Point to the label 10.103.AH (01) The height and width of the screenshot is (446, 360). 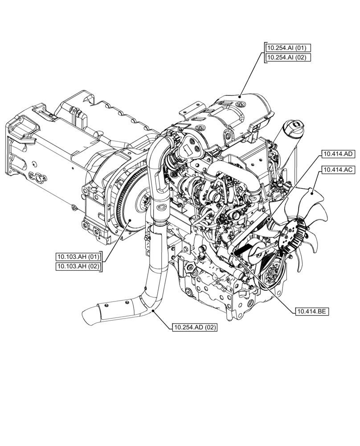coord(78,256)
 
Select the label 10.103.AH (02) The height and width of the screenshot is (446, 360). coord(78,266)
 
